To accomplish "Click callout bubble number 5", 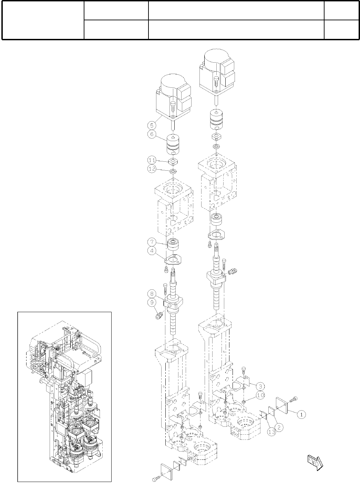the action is point(152,125).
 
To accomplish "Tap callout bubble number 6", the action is point(152,134).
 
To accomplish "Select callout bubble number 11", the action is point(152,161).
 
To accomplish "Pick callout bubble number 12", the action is point(152,169).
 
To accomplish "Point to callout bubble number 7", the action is point(152,242).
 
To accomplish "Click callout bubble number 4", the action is point(152,251).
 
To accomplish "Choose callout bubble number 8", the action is point(152,294).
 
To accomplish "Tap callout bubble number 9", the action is point(152,302).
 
